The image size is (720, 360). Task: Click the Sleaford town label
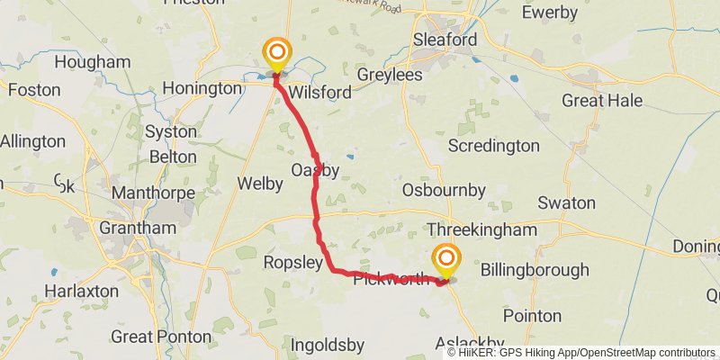pyautogui.click(x=445, y=40)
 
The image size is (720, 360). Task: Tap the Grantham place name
pyautogui.click(x=138, y=228)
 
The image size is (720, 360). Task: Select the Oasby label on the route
pyautogui.click(x=315, y=170)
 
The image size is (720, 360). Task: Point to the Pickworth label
pyautogui.click(x=391, y=279)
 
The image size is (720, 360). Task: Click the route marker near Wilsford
pyautogui.click(x=276, y=53)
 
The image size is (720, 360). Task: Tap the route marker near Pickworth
pyautogui.click(x=445, y=259)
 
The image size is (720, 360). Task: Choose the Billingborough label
pyautogui.click(x=535, y=269)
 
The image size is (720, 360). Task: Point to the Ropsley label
pyautogui.click(x=292, y=262)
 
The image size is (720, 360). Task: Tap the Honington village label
pyautogui.click(x=200, y=90)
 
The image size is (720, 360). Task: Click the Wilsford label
pyautogui.click(x=319, y=91)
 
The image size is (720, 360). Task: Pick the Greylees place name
pyautogui.click(x=390, y=75)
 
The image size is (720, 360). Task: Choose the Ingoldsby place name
pyautogui.click(x=327, y=344)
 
